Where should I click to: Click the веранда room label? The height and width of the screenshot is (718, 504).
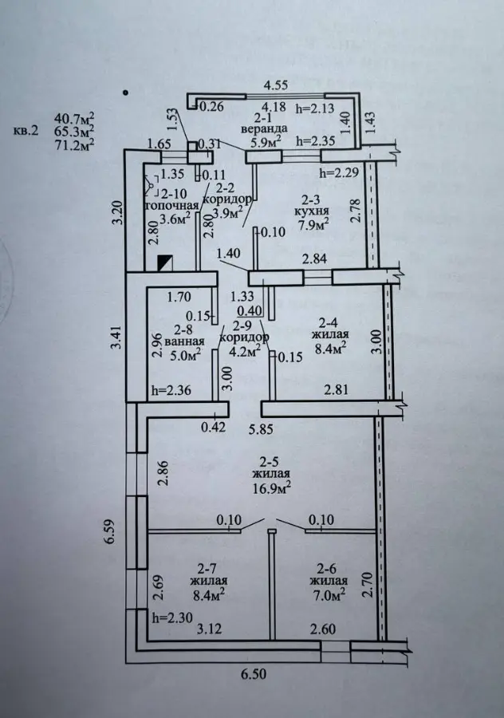tap(264, 129)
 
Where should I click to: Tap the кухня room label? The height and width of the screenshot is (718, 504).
tap(312, 211)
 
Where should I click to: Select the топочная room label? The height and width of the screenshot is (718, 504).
tap(171, 206)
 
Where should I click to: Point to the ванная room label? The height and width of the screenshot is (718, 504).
tap(184, 341)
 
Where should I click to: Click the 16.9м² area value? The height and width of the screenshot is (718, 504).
tap(273, 487)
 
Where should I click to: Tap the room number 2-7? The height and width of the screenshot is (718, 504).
tap(207, 569)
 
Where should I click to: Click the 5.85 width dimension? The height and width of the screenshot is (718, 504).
tap(261, 429)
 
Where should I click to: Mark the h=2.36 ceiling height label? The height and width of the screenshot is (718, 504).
tap(171, 391)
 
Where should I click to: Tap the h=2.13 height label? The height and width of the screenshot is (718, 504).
tap(316, 108)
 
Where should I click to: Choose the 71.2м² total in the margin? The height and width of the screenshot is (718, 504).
tap(75, 144)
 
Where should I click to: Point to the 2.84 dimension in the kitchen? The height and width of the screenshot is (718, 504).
tap(313, 258)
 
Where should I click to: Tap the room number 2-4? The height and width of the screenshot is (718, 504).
tap(329, 322)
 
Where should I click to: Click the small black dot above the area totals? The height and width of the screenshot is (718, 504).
tap(126, 93)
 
